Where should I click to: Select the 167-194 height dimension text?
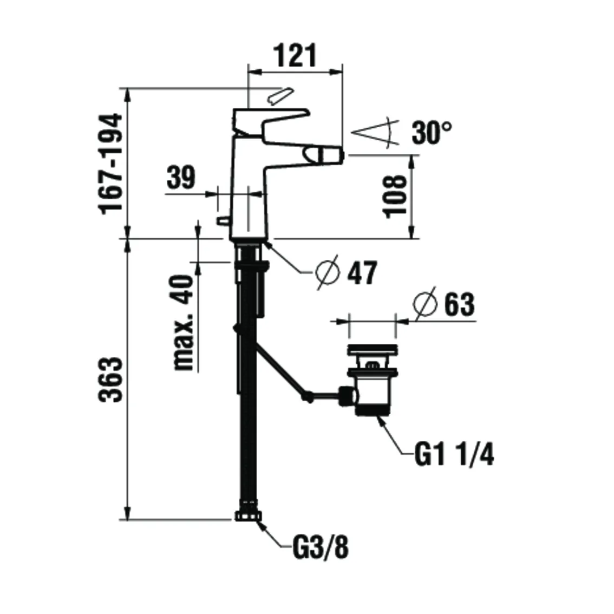(x=113, y=164)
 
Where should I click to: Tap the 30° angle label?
(x=432, y=133)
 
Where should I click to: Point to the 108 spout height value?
(x=395, y=196)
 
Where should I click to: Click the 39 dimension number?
(x=181, y=178)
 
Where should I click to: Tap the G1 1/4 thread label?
(x=454, y=455)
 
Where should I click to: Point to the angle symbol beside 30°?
(x=376, y=133)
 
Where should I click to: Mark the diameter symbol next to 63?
(x=424, y=305)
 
